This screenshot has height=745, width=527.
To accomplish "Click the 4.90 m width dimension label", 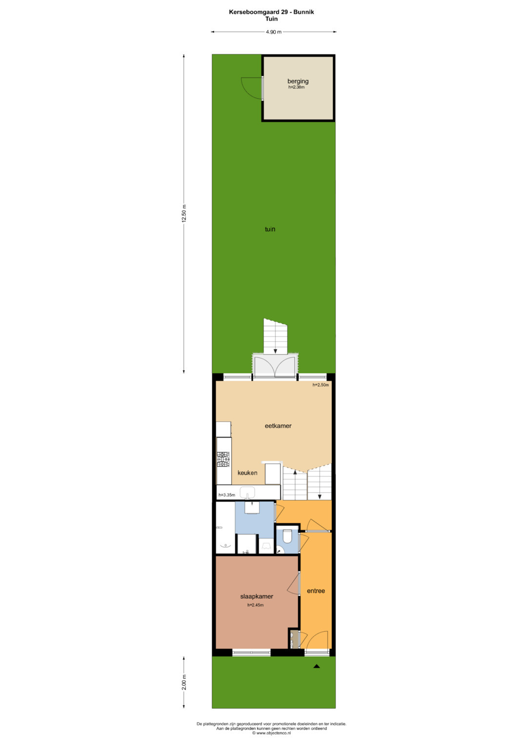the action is point(273,32).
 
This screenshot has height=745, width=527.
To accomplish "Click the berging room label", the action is point(298,81).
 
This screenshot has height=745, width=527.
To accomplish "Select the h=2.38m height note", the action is point(297,87).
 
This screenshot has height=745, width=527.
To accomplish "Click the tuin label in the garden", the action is point(270,229).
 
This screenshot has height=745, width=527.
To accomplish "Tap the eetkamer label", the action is point(278,426).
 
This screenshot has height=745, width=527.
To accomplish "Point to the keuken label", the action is point(247,473).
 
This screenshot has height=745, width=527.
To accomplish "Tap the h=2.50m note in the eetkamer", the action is point(321,385).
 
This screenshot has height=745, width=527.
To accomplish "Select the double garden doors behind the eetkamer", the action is point(275,366).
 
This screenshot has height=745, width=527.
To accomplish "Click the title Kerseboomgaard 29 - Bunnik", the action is point(271,12).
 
